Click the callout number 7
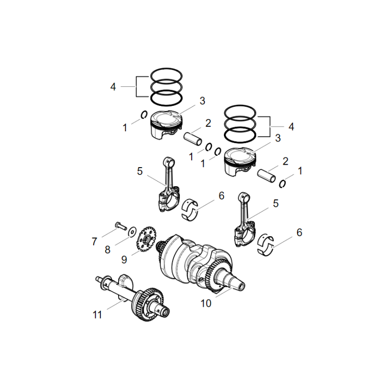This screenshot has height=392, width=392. [x=94, y=242]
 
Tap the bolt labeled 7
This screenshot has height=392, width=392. [x=120, y=226]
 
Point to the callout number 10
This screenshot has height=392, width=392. [x=206, y=304]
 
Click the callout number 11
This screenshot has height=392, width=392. [x=98, y=315]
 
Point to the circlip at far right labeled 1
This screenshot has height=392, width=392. [x=283, y=183]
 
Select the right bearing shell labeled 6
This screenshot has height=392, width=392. [x=267, y=244]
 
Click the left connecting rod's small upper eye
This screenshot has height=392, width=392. [x=169, y=161]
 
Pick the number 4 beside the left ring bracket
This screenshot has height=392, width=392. [x=113, y=87]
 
